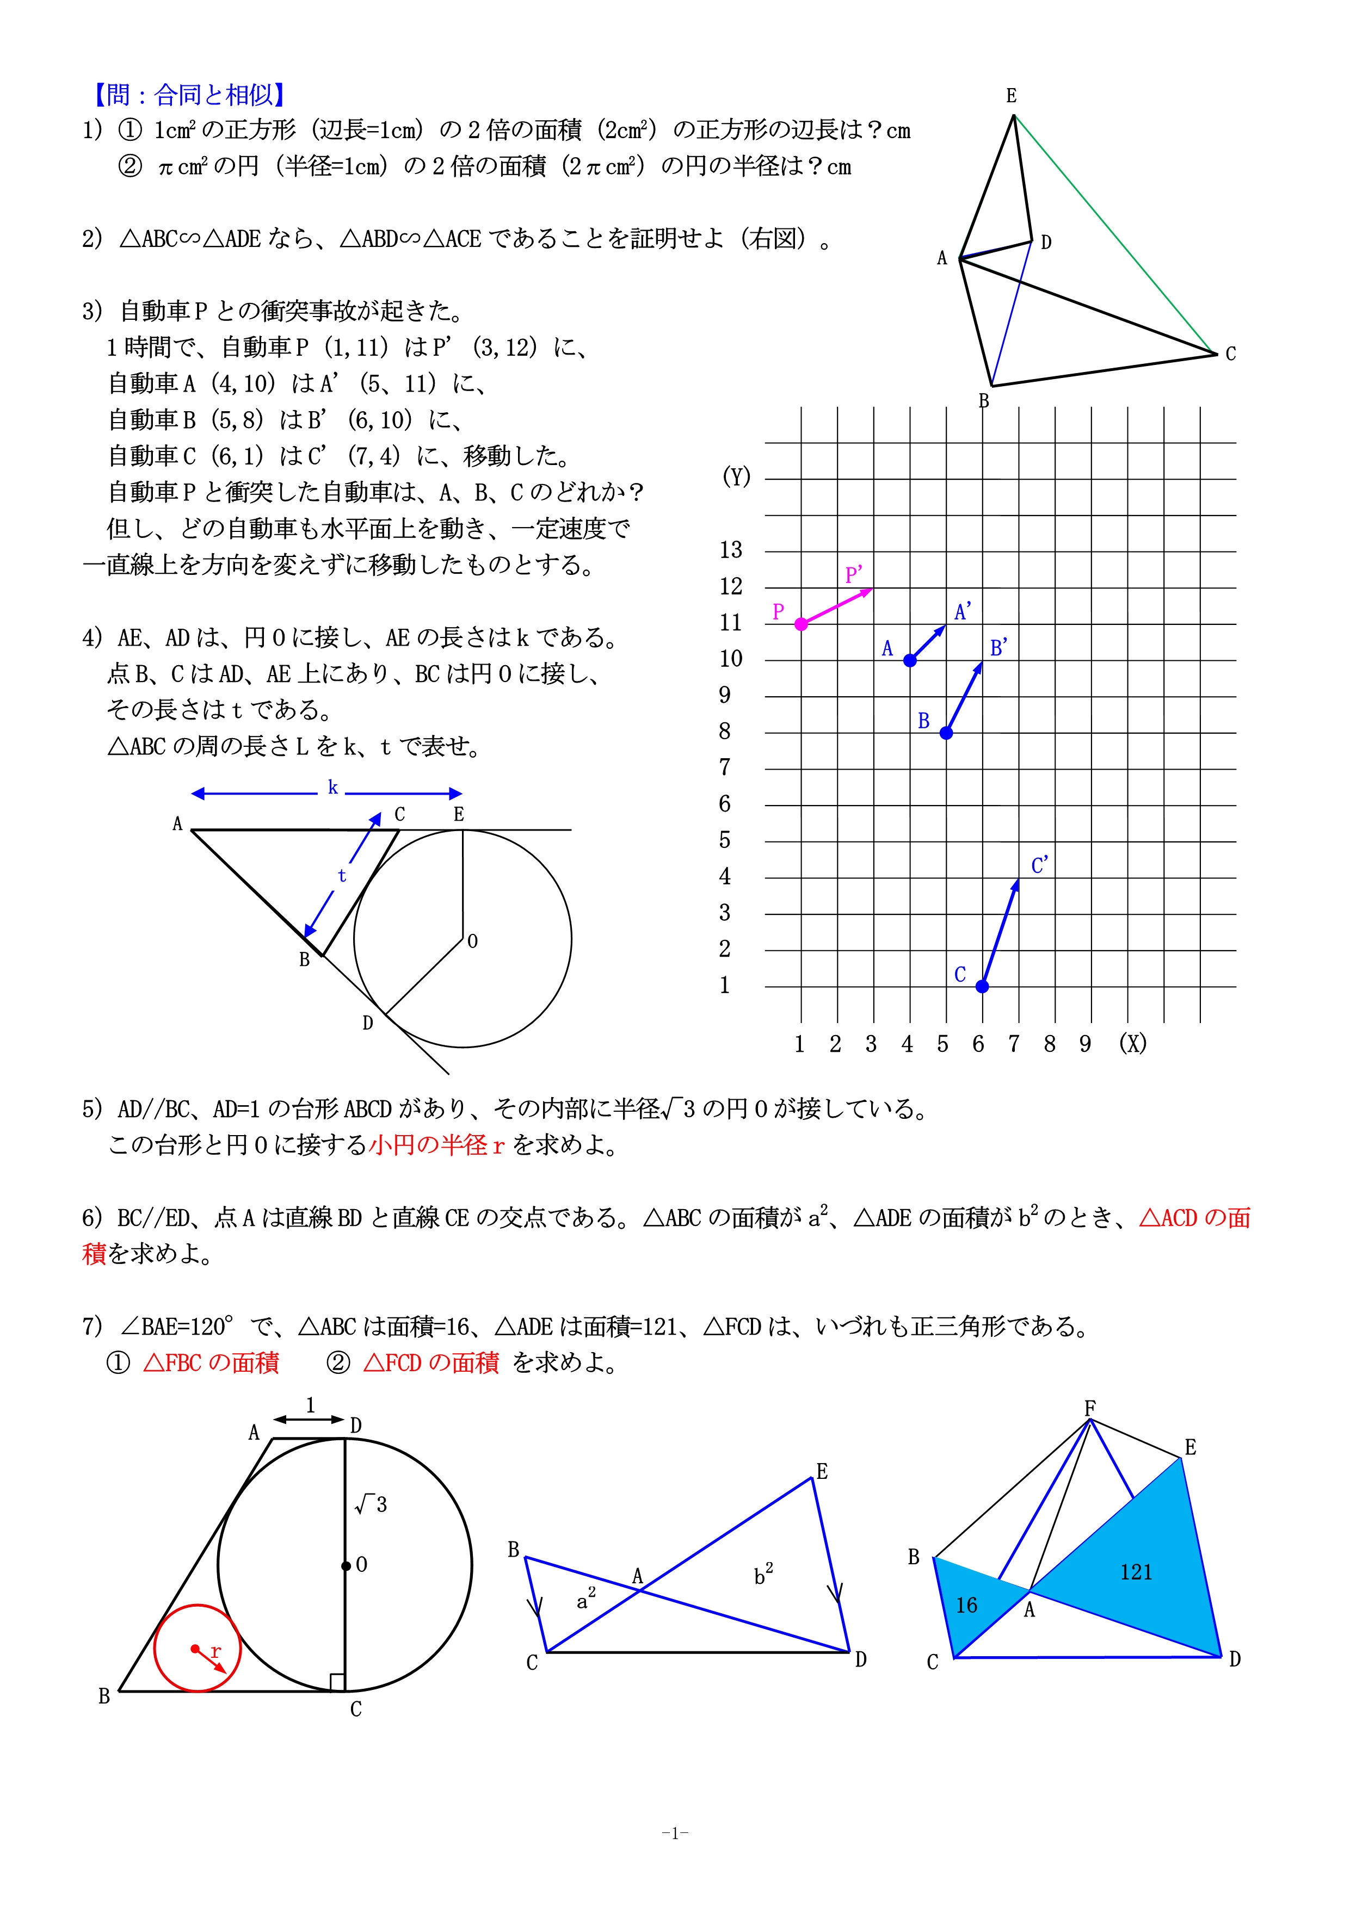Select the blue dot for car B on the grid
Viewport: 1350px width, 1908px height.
coord(946,733)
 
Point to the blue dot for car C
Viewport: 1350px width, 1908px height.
coord(982,987)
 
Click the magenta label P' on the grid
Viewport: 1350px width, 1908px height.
coord(854,575)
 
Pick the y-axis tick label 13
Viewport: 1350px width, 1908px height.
coord(731,550)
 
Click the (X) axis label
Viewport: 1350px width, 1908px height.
coord(1132,1044)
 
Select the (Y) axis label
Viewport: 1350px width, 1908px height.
coord(736,477)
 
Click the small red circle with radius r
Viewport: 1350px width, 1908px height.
coord(197,1648)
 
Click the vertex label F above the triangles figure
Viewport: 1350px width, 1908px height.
coord(1090,1408)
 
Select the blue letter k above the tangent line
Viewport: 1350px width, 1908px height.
coord(332,788)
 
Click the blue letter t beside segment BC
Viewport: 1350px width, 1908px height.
coord(342,876)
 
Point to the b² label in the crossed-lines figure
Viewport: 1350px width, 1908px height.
coord(762,1574)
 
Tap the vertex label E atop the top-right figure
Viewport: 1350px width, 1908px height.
coord(1011,96)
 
